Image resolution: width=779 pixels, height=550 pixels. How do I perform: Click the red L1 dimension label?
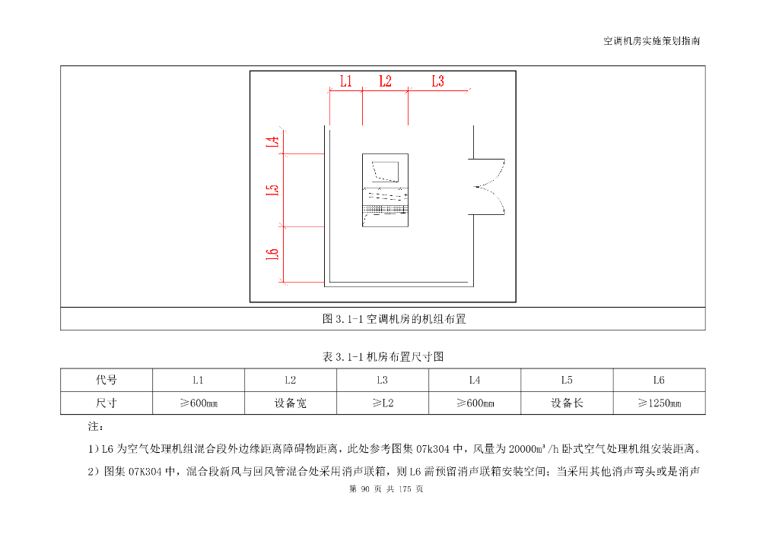tap(345, 81)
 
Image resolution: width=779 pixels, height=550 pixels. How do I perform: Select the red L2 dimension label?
tap(384, 81)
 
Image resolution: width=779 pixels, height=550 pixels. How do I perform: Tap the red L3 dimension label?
tap(437, 81)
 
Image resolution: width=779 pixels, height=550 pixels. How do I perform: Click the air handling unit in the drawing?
tap(385, 190)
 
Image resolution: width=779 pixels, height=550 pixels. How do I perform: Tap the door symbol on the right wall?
tap(488, 186)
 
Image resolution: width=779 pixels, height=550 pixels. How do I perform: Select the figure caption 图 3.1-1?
tap(394, 319)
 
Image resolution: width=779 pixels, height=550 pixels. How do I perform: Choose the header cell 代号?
tap(107, 380)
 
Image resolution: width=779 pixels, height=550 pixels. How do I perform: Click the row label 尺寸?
tap(107, 403)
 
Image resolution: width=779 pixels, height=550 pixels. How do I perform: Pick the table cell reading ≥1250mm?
tap(659, 403)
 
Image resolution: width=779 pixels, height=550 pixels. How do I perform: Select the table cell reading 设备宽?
tap(291, 403)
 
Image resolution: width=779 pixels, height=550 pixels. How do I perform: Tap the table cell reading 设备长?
tap(567, 403)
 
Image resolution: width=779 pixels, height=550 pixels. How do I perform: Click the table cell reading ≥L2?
tap(383, 403)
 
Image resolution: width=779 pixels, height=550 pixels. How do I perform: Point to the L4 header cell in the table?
tap(475, 380)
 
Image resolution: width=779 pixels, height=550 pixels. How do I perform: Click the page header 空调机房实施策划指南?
tap(651, 41)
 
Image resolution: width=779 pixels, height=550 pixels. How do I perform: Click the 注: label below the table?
tap(97, 428)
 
